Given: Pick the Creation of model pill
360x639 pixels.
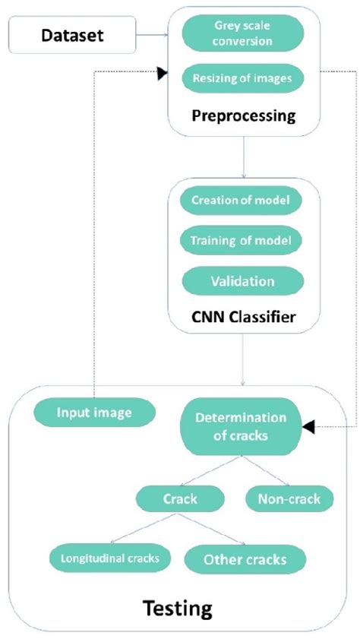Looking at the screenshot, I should pyautogui.click(x=241, y=201).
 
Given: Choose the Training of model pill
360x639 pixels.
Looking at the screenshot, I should pyautogui.click(x=241, y=240).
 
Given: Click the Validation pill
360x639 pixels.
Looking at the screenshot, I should pyautogui.click(x=241, y=280).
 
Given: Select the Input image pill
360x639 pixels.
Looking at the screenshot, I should pyautogui.click(x=94, y=413).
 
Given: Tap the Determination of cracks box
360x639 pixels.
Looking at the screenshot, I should pyautogui.click(x=241, y=428).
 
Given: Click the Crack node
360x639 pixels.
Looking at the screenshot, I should pyautogui.click(x=180, y=498).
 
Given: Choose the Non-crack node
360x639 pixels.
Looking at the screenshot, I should pyautogui.click(x=289, y=498).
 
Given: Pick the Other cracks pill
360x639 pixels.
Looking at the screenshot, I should pyautogui.click(x=245, y=558).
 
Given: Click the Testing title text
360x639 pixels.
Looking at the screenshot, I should pyautogui.click(x=179, y=607).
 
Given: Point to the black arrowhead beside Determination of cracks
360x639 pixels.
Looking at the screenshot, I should pyautogui.click(x=308, y=429).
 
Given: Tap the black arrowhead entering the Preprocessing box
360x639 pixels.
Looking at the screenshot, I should pyautogui.click(x=161, y=72).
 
